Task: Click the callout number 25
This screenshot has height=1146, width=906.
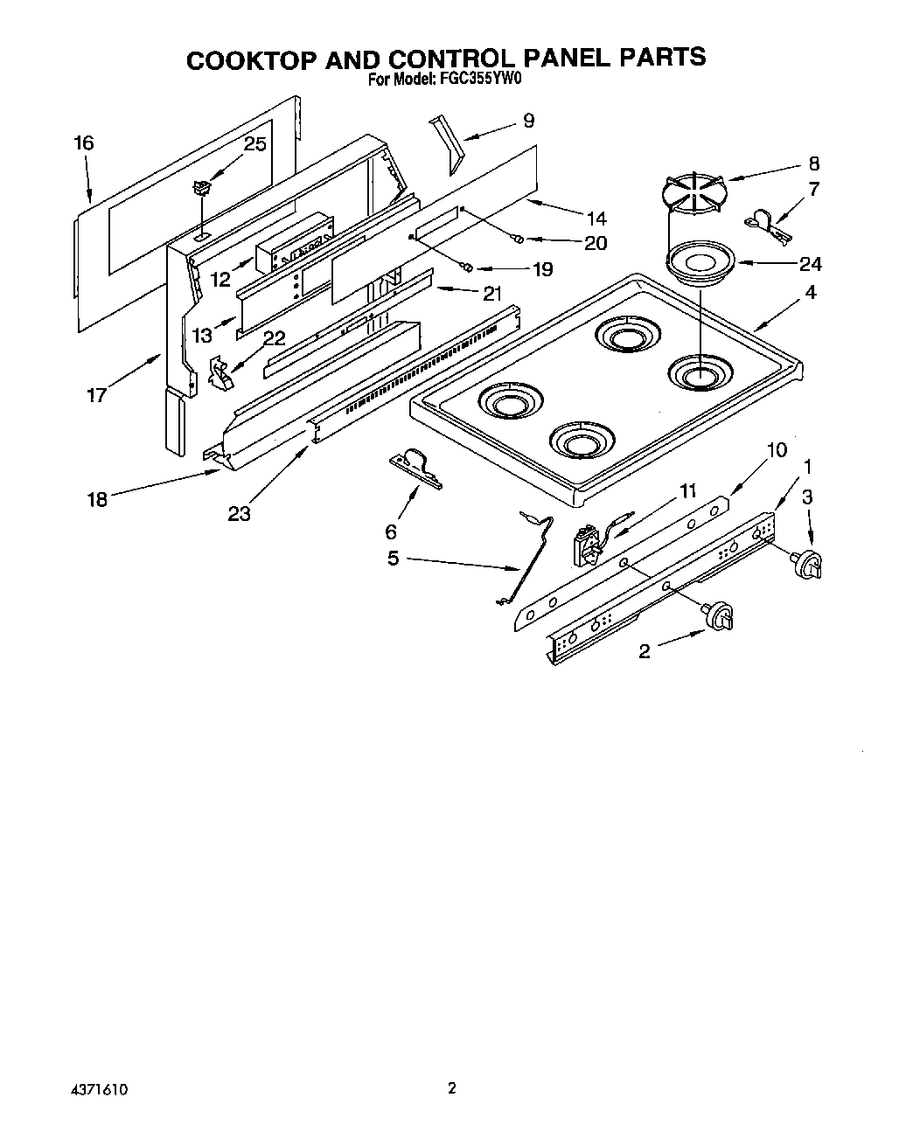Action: coord(254,144)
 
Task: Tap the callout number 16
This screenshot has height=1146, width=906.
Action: coord(84,143)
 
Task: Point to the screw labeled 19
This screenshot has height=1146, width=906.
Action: coord(469,267)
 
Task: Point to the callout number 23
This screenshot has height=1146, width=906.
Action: coord(239,514)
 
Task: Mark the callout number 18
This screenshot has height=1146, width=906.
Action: coord(96,499)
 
